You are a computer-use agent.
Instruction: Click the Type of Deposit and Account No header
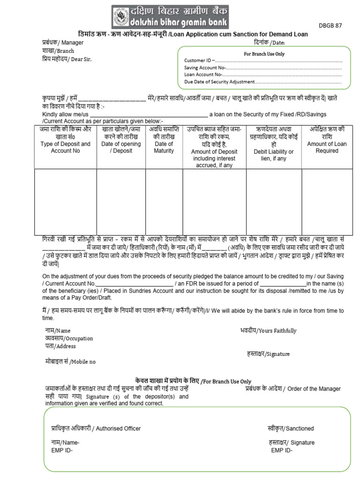pyautogui.click(x=65, y=147)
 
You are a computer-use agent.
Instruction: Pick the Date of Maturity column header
pyautogui.click(x=164, y=147)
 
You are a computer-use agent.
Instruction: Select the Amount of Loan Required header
pyautogui.click(x=327, y=147)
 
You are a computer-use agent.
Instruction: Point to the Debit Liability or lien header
pyautogui.click(x=274, y=155)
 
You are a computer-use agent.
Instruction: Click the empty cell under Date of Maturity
pyautogui.click(x=164, y=202)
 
